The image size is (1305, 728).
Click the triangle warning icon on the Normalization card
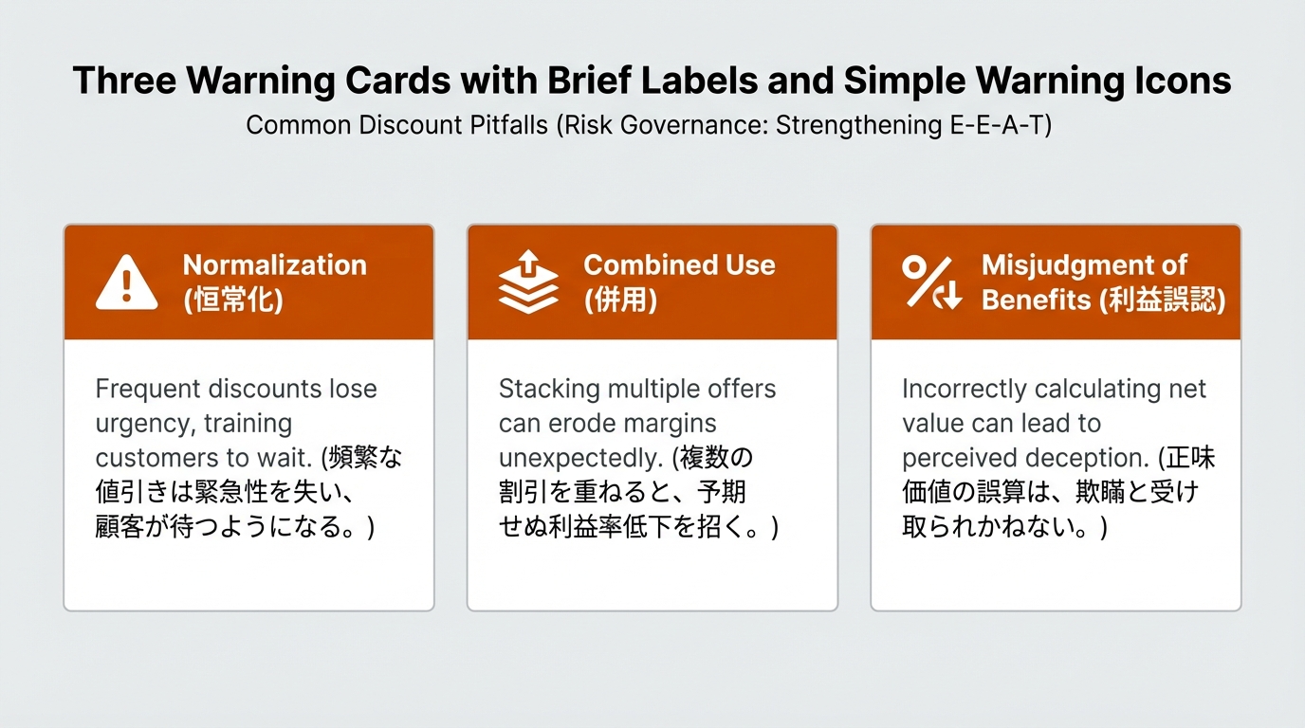(x=126, y=283)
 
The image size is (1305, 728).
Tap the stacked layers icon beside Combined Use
(x=528, y=282)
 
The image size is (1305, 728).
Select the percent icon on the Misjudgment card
(x=932, y=282)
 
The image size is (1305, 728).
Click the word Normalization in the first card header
(x=275, y=265)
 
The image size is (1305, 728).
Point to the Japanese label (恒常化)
(x=233, y=300)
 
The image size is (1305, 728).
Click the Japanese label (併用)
(x=620, y=300)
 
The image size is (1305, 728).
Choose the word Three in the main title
(x=124, y=80)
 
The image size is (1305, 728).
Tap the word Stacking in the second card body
(x=549, y=389)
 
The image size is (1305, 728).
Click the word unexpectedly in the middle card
(x=580, y=459)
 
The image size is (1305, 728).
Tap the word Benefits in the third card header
(x=1036, y=300)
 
